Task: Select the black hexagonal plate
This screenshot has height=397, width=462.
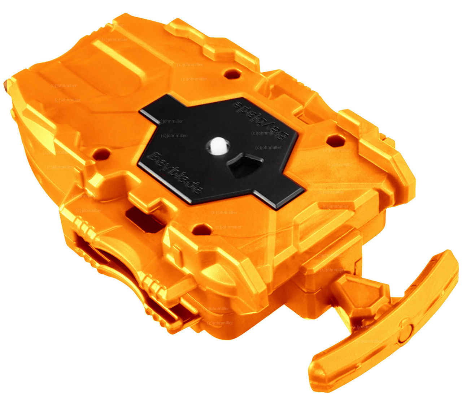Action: coord(220,152)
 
